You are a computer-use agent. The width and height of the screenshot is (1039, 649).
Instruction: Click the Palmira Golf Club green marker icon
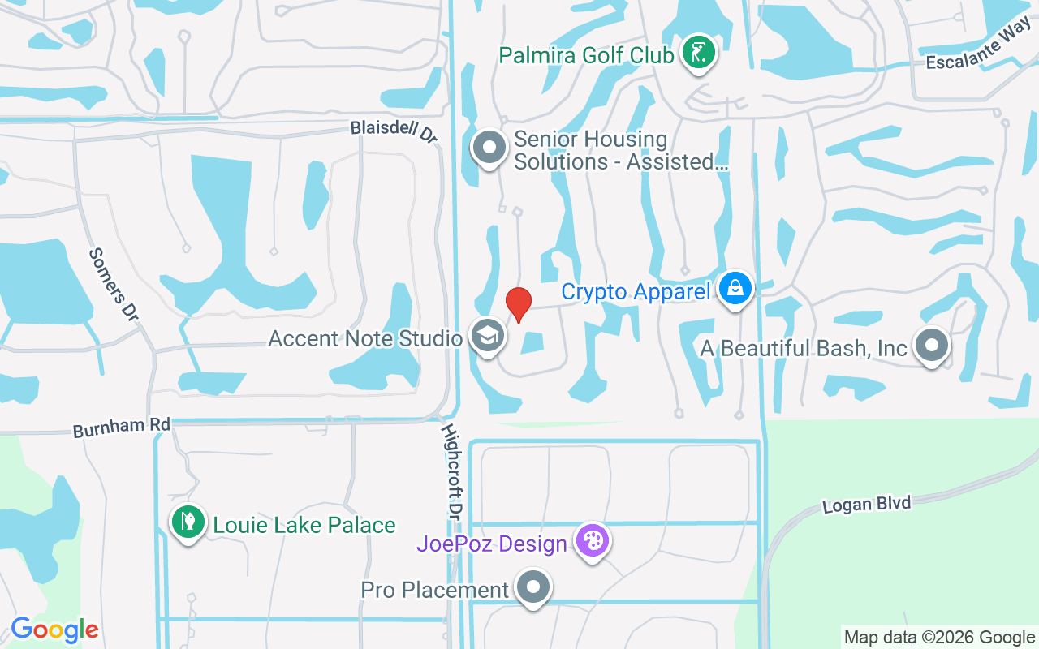697,54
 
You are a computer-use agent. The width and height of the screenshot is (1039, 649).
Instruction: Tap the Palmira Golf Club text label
586,55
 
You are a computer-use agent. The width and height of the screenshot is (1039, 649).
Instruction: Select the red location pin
519,303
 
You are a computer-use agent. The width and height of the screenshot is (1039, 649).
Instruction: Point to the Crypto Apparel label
636,291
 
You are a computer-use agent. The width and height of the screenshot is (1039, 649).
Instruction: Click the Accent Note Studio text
365,337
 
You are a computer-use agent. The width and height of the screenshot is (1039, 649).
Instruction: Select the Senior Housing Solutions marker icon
489,148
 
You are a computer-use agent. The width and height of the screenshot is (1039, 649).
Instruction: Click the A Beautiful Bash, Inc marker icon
932,346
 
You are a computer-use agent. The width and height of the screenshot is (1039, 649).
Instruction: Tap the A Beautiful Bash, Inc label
804,348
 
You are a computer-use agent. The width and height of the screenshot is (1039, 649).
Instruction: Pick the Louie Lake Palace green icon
188,522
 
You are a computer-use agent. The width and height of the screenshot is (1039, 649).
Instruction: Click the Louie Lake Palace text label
304,525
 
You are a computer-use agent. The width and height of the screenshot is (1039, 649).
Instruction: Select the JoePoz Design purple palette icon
593,541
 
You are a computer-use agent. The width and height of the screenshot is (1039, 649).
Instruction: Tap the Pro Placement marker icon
533,587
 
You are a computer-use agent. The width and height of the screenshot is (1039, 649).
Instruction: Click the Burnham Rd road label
122,427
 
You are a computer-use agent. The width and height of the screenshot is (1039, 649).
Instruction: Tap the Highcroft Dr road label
451,471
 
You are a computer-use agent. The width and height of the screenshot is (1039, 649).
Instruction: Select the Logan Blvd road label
866,504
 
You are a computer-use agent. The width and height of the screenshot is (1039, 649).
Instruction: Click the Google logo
54,630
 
